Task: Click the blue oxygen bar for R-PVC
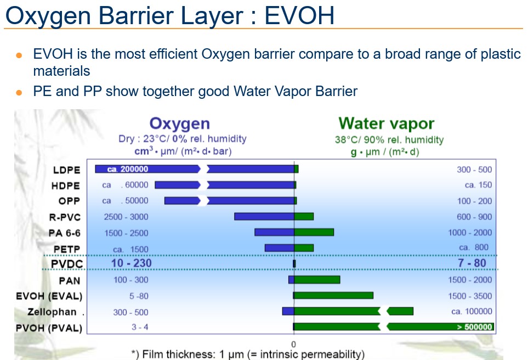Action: pyautogui.click(x=264, y=216)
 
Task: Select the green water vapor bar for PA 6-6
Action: pyautogui.click(x=314, y=232)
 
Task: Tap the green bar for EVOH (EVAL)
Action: pyautogui.click(x=333, y=296)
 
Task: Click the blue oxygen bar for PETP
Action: pyautogui.click(x=280, y=248)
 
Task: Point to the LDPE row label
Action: pyautogui.click(x=67, y=170)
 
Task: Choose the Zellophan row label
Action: pyautogui.click(x=52, y=312)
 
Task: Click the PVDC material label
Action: pyautogui.click(x=67, y=263)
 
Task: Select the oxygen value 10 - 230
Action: pyautogui.click(x=132, y=263)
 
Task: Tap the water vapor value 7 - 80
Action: pyautogui.click(x=472, y=263)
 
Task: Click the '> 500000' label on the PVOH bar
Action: pyautogui.click(x=474, y=327)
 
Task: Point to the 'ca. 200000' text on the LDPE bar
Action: pyautogui.click(x=128, y=169)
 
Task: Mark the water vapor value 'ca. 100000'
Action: pyautogui.click(x=472, y=312)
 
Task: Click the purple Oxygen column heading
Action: pyautogui.click(x=179, y=123)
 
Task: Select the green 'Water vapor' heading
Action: pyautogui.click(x=386, y=123)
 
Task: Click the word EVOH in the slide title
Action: pyautogui.click(x=299, y=15)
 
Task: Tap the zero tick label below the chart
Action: pyautogui.click(x=293, y=344)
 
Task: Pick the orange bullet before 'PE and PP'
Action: pyautogui.click(x=19, y=92)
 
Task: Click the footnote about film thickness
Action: pyautogui.click(x=248, y=355)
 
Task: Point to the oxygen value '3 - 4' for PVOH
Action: pyautogui.click(x=140, y=327)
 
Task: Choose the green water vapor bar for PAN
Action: pyautogui.click(x=317, y=279)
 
